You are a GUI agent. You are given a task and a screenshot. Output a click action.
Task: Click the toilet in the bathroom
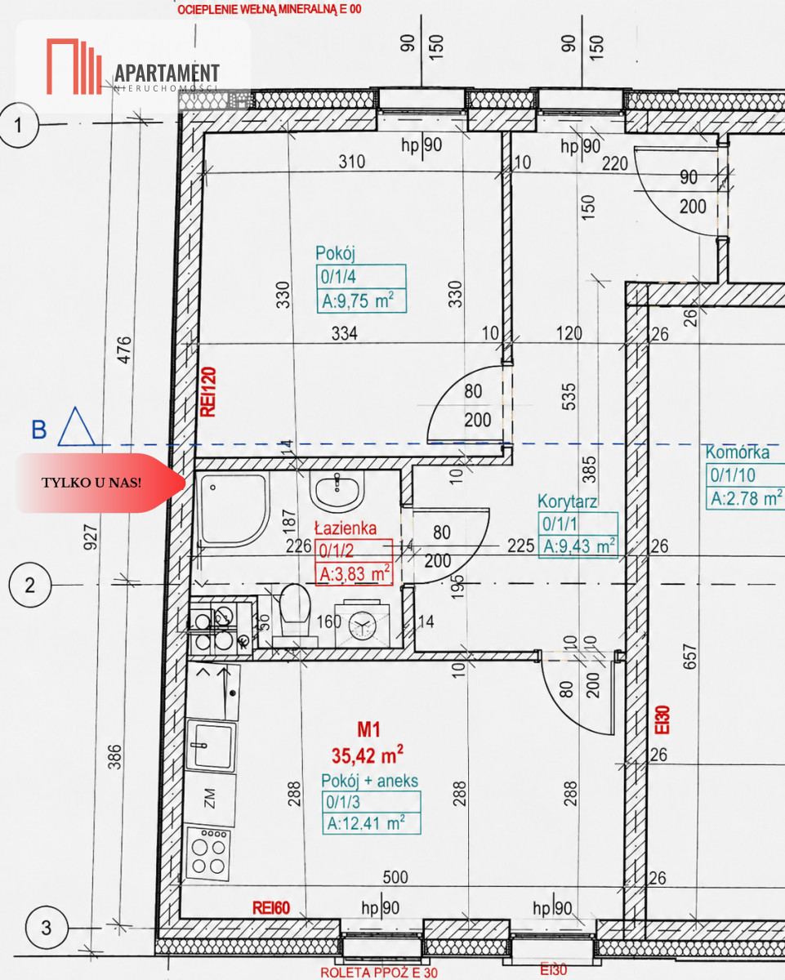click(x=295, y=612)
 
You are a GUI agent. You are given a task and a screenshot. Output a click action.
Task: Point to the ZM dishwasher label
click(x=210, y=799)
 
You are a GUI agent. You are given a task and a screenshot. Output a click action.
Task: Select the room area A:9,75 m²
click(x=358, y=301)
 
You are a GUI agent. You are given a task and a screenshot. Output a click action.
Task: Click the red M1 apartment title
click(x=368, y=729)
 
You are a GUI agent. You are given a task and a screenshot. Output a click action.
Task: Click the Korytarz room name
click(x=567, y=501)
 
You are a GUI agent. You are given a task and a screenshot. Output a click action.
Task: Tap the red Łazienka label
click(x=346, y=528)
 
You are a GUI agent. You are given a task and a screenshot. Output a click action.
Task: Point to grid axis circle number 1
click(x=18, y=124)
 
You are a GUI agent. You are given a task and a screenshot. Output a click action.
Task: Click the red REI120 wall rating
click(x=208, y=392)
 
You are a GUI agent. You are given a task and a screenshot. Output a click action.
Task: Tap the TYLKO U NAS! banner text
click(x=91, y=483)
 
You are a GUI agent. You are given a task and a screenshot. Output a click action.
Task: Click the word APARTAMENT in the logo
click(x=167, y=73)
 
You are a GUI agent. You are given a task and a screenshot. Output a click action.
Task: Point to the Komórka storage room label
click(x=738, y=452)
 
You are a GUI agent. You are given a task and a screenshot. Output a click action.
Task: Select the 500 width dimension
click(x=395, y=878)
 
